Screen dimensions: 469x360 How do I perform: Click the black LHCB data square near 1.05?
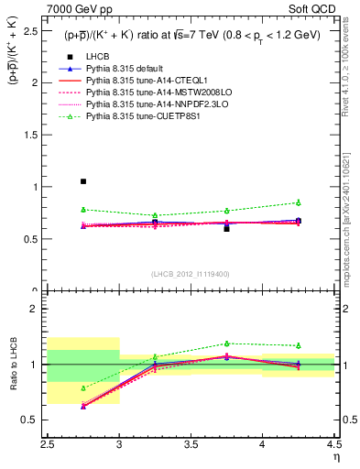[83, 181]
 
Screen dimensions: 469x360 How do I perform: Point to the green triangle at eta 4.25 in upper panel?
[298, 202]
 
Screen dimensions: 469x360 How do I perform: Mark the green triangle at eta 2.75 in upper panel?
[83, 210]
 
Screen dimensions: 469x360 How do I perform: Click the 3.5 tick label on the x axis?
[191, 445]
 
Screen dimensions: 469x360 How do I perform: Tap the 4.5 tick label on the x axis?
[333, 445]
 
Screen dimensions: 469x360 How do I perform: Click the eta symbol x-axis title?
[336, 456]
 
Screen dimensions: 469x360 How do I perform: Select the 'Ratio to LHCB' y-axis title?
[12, 364]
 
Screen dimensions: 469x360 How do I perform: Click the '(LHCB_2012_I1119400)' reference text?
[191, 274]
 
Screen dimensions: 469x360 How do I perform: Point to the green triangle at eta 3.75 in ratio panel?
[226, 344]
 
